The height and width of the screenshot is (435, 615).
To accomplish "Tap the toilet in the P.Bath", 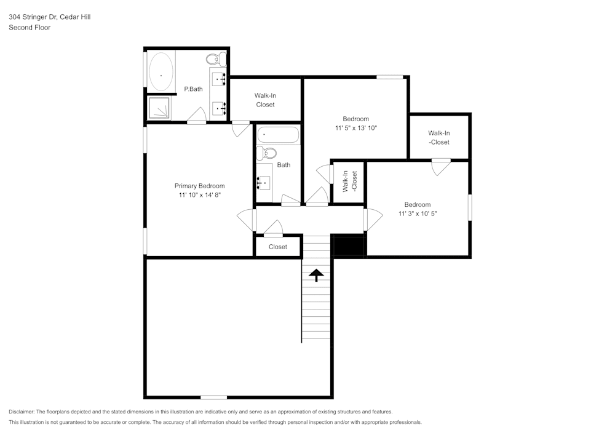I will click(x=215, y=60).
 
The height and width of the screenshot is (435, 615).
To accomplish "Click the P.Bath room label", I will click(x=193, y=89).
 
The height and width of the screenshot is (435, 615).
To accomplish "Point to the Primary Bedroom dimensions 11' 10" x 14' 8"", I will click(x=199, y=194).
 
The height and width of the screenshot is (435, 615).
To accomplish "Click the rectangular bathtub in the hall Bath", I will click(x=278, y=135).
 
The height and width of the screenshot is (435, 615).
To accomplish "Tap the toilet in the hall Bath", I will click(x=267, y=153).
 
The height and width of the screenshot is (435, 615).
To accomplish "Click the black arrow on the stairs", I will click(x=317, y=275).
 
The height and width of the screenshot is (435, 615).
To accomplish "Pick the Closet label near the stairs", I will click(x=278, y=247).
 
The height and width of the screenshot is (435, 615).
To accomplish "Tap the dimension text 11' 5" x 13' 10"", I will click(x=355, y=128).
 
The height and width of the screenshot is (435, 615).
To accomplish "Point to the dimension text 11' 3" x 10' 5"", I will click(x=417, y=214).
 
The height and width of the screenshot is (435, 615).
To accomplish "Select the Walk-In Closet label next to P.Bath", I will click(x=265, y=100).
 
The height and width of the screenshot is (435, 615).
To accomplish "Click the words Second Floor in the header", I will click(x=30, y=27).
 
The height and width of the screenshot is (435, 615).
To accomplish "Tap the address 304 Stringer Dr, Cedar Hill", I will click(x=49, y=17).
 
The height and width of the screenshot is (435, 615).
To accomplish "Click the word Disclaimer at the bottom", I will click(x=22, y=412).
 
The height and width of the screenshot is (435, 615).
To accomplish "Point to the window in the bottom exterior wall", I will click(x=213, y=397).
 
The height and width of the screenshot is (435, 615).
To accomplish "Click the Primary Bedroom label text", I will click(x=199, y=186).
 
